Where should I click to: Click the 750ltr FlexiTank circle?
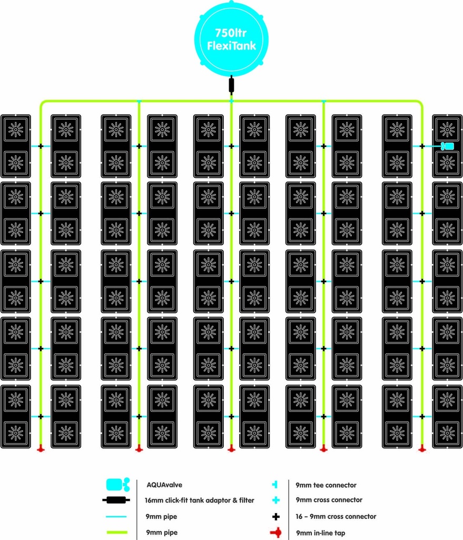(231, 38)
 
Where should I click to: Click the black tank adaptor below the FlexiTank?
(232, 85)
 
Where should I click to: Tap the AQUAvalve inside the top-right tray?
(447, 146)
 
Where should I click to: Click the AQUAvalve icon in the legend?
(118, 485)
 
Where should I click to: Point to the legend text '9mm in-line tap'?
(320, 533)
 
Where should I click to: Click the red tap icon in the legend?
(276, 533)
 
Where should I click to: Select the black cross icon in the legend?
(276, 517)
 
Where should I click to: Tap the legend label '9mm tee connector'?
(326, 485)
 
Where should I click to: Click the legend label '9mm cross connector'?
(329, 500)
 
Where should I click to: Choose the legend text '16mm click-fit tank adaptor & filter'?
(200, 500)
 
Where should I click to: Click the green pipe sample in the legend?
(117, 533)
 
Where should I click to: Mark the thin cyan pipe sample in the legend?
(116, 517)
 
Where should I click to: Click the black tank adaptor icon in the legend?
(116, 500)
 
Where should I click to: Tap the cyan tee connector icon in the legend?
(275, 485)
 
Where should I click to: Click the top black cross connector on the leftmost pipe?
(41, 146)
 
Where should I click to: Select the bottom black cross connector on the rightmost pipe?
(422, 417)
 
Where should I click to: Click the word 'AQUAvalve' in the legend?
(164, 485)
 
